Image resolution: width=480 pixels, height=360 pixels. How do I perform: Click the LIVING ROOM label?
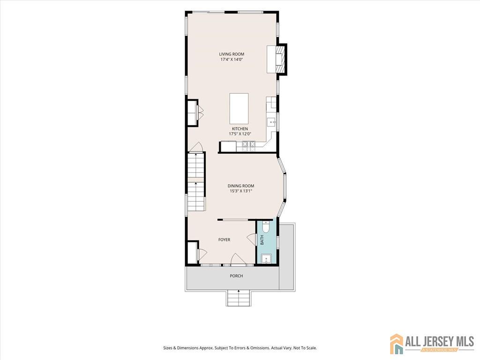(232, 54)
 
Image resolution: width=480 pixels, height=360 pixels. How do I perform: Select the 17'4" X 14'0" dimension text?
(232, 60)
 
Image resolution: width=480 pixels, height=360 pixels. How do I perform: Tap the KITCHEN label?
(240, 129)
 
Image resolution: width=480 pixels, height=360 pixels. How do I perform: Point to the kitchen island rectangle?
(239, 108)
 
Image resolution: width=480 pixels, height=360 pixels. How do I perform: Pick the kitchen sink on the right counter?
(271, 122)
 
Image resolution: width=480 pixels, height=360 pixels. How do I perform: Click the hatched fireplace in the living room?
(280, 60)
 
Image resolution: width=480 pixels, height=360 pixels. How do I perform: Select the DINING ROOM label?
(240, 186)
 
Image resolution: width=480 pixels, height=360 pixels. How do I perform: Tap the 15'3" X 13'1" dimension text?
(240, 191)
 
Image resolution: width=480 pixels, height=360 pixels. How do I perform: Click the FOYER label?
(224, 240)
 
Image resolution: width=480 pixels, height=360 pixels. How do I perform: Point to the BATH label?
(262, 240)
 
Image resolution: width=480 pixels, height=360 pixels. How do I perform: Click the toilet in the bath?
(266, 227)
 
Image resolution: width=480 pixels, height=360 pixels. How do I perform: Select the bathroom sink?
(267, 259)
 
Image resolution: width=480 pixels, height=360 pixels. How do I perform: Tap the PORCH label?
(236, 276)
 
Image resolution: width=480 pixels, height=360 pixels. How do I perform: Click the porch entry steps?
(239, 298)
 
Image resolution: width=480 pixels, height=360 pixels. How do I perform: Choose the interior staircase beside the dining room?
(195, 182)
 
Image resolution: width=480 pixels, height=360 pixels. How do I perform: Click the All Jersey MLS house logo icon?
(397, 344)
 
